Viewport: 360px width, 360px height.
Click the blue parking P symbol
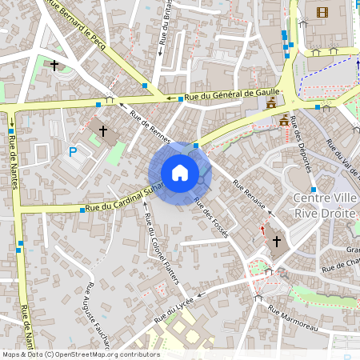(73, 151)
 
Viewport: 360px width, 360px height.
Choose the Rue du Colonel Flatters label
(161, 249)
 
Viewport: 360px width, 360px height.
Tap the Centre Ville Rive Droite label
(326, 206)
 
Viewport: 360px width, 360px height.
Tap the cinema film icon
(322, 12)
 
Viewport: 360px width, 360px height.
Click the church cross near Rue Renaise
(277, 241)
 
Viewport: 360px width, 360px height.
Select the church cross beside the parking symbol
(102, 130)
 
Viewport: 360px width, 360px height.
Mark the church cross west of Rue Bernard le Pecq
(54, 65)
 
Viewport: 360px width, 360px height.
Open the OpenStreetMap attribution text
(80, 354)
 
